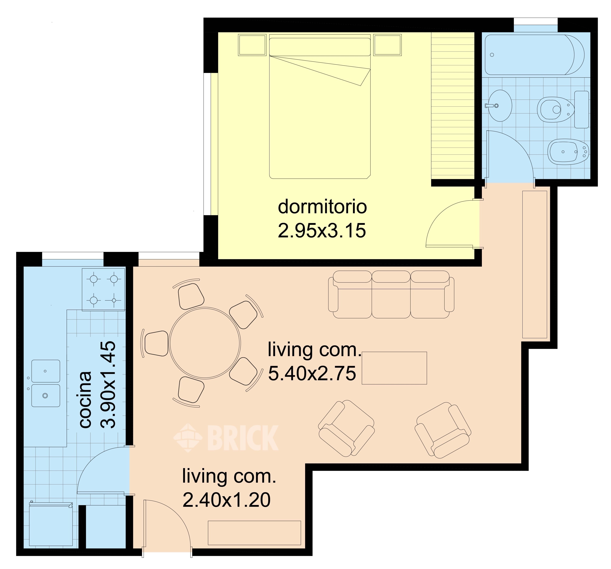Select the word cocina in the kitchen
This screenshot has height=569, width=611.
click(86, 400)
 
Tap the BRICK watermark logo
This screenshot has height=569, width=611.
click(226, 438)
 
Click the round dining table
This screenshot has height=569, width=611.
click(205, 343)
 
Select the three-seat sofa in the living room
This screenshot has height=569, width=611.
click(391, 294)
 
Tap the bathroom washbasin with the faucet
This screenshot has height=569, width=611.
click(499, 105)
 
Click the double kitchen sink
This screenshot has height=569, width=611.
click(45, 383)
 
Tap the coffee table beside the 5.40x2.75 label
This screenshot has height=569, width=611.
click(394, 368)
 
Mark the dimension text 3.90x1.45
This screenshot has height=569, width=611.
click(108, 384)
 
